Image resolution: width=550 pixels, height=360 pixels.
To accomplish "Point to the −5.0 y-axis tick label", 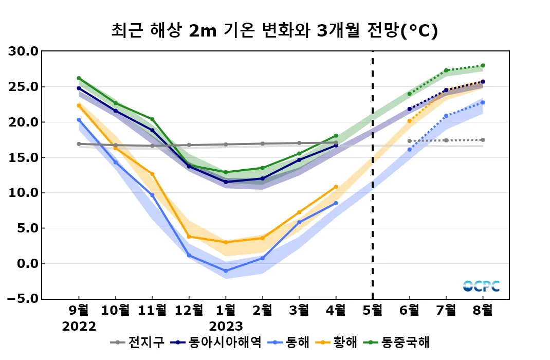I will [x=22, y=299].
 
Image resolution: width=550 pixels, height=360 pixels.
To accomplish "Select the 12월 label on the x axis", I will [x=189, y=311].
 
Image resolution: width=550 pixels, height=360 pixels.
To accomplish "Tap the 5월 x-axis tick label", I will [x=373, y=311].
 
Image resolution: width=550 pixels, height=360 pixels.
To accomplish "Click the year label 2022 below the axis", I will [x=79, y=326].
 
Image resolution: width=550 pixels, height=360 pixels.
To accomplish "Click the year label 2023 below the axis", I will [x=226, y=326].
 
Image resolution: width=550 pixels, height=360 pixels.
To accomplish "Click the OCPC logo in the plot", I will [x=481, y=286].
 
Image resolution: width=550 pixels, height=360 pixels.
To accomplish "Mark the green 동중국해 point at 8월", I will [x=483, y=66].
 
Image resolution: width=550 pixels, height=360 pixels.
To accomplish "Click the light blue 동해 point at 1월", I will [x=226, y=271].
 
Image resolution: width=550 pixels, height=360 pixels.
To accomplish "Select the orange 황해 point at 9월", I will [x=79, y=105].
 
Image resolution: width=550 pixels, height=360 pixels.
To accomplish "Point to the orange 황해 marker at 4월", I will [x=336, y=187].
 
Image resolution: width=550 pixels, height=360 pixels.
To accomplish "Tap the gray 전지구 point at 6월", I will [x=410, y=141].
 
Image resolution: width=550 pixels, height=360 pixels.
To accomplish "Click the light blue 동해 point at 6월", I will [x=410, y=150].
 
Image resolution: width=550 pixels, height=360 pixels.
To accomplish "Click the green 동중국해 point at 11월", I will [x=153, y=119].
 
